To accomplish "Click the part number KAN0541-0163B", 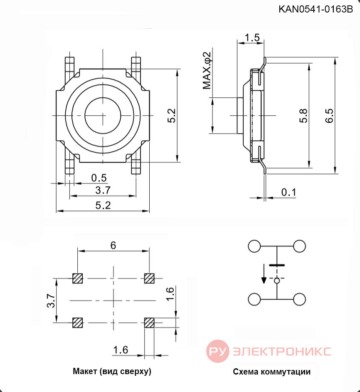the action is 316,9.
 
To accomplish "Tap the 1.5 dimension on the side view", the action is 252,38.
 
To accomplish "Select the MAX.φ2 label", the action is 207,70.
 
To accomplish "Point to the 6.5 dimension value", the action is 329,115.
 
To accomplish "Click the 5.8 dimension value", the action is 303,115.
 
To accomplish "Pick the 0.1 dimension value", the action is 288,192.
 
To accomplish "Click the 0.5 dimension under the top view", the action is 99,178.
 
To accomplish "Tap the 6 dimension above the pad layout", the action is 113,246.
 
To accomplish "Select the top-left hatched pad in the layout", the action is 77,278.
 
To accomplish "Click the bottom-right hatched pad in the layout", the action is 149,323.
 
